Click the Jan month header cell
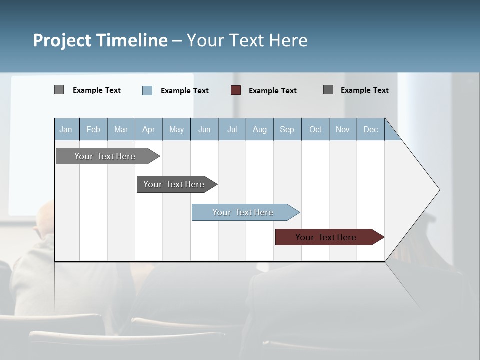(x=66, y=129)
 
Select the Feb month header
(x=93, y=129)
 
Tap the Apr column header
(x=148, y=129)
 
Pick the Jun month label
(x=204, y=129)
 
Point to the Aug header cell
(x=259, y=129)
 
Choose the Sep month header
(x=287, y=129)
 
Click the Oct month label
(x=315, y=129)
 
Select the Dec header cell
(x=370, y=129)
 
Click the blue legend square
(x=147, y=90)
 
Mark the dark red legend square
(x=236, y=90)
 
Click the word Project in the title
(x=62, y=40)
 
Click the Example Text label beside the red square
(x=272, y=91)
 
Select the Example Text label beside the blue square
(x=184, y=91)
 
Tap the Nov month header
(x=343, y=129)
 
